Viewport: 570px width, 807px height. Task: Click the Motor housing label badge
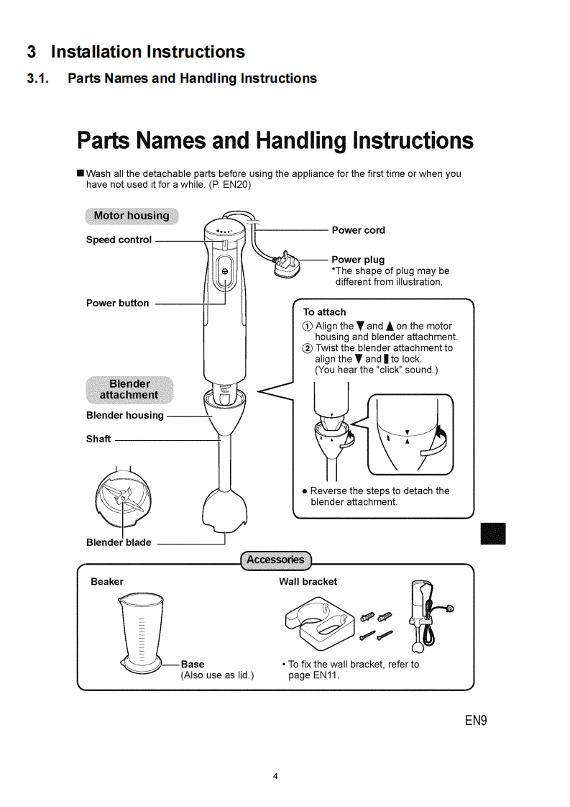132,216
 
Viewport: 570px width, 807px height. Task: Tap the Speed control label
119,240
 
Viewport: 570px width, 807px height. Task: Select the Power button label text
117,303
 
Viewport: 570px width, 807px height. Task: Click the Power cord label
358,230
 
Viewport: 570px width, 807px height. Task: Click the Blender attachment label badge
129,389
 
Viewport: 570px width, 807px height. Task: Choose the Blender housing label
125,415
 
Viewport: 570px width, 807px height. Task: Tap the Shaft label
98,439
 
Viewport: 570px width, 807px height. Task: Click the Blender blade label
119,542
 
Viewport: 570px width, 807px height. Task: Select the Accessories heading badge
275,560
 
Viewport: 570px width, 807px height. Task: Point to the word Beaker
107,581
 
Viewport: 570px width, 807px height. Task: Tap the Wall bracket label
308,581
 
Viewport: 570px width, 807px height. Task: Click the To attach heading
324,312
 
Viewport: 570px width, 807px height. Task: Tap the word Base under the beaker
193,664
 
